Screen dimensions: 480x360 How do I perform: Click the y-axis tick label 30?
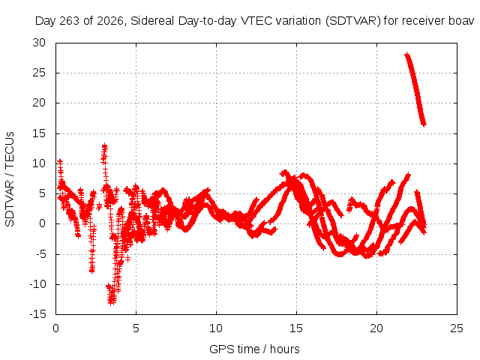(x=39, y=43)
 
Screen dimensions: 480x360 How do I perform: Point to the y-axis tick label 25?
(x=39, y=73)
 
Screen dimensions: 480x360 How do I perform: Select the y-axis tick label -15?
(x=37, y=314)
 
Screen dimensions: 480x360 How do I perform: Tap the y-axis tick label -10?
(x=37, y=284)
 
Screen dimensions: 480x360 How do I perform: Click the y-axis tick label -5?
(x=40, y=254)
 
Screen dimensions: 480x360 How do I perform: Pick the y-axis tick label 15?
(x=39, y=133)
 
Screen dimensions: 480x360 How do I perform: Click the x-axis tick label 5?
(x=136, y=328)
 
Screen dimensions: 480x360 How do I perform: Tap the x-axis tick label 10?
(x=216, y=328)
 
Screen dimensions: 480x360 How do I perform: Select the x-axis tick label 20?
(x=376, y=328)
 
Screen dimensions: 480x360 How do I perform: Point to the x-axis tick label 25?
(x=457, y=328)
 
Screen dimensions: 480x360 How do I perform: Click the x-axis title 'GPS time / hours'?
(x=254, y=349)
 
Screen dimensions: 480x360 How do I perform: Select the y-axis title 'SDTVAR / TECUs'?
(x=10, y=179)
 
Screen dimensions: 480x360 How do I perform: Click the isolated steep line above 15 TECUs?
(x=415, y=88)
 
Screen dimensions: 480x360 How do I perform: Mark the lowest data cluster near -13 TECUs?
(x=112, y=295)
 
